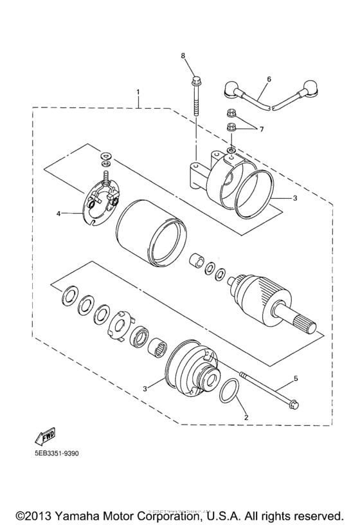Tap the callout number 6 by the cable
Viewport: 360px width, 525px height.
pos(269,78)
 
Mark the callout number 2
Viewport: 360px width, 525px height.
pos(245,417)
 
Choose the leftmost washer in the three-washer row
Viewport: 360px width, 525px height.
pos(67,297)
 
